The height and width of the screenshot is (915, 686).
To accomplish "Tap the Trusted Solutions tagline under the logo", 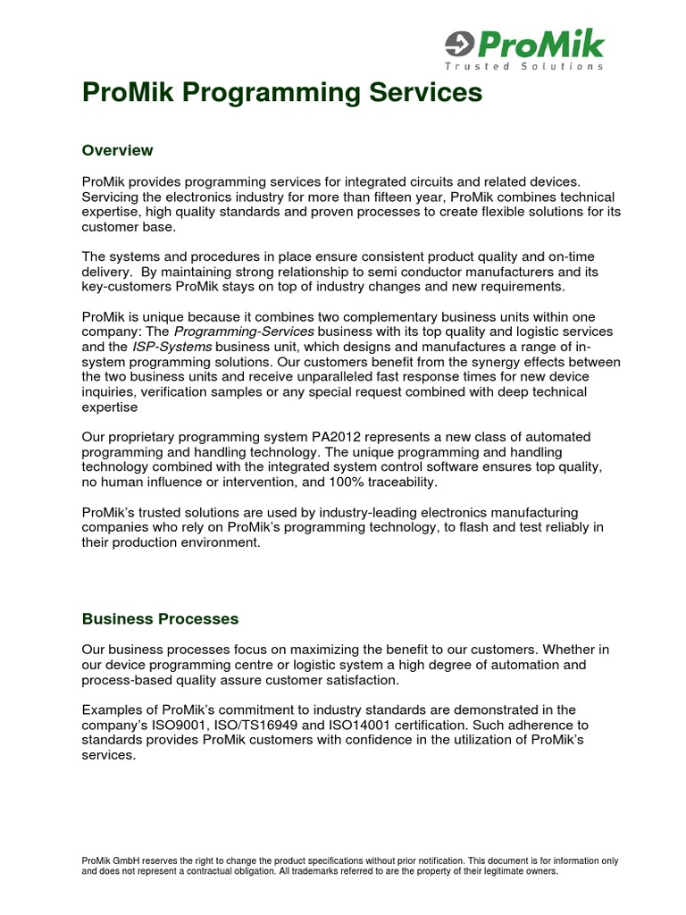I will tap(524, 66).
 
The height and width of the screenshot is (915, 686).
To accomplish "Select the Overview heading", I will tap(117, 150).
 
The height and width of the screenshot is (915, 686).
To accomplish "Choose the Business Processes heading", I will tap(160, 618).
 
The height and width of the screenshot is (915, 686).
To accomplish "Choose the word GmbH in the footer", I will tap(130, 860).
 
